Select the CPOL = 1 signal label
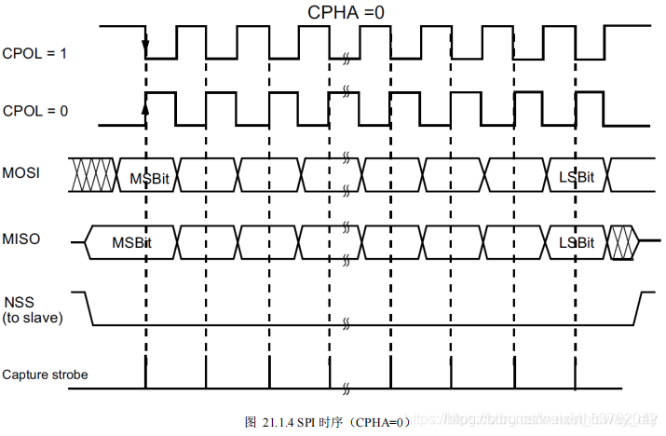click(34, 54)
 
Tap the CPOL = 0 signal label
click(34, 111)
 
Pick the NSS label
click(18, 303)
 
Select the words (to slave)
click(34, 318)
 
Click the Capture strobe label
click(45, 375)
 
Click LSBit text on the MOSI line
click(577, 178)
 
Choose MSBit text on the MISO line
click(132, 242)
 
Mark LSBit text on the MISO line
click(577, 242)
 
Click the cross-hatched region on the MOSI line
click(92, 173)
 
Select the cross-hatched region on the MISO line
click(621, 240)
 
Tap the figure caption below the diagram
click(327, 422)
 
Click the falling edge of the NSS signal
click(89, 308)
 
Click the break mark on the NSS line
click(346, 322)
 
